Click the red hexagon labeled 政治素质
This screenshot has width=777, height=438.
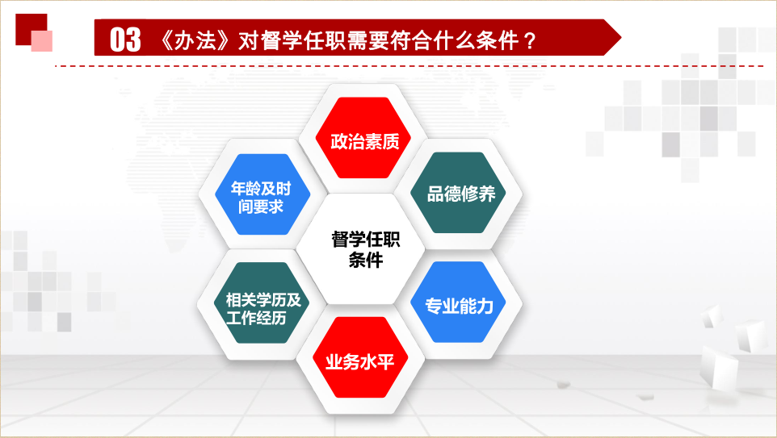[x=364, y=138]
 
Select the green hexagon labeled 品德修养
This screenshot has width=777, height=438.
[x=460, y=193]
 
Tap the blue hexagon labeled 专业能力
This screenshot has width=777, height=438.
[x=459, y=302]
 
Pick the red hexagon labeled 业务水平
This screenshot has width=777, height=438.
[x=360, y=357]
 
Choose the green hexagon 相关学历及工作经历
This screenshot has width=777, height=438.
[x=262, y=302]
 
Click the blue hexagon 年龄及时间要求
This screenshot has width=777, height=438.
[x=262, y=194]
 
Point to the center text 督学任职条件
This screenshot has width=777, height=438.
[x=365, y=249]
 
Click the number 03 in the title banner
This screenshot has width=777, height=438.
[x=125, y=40]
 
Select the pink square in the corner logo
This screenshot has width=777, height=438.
[x=42, y=41]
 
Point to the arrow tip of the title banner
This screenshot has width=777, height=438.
[x=621, y=37]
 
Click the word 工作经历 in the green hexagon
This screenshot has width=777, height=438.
[x=256, y=317]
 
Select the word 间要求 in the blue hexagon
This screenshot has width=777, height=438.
[x=261, y=206]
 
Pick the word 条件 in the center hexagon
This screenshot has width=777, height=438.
[x=366, y=260]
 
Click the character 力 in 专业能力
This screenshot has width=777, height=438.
[x=485, y=307]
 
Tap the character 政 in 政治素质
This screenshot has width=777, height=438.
[x=339, y=142]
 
